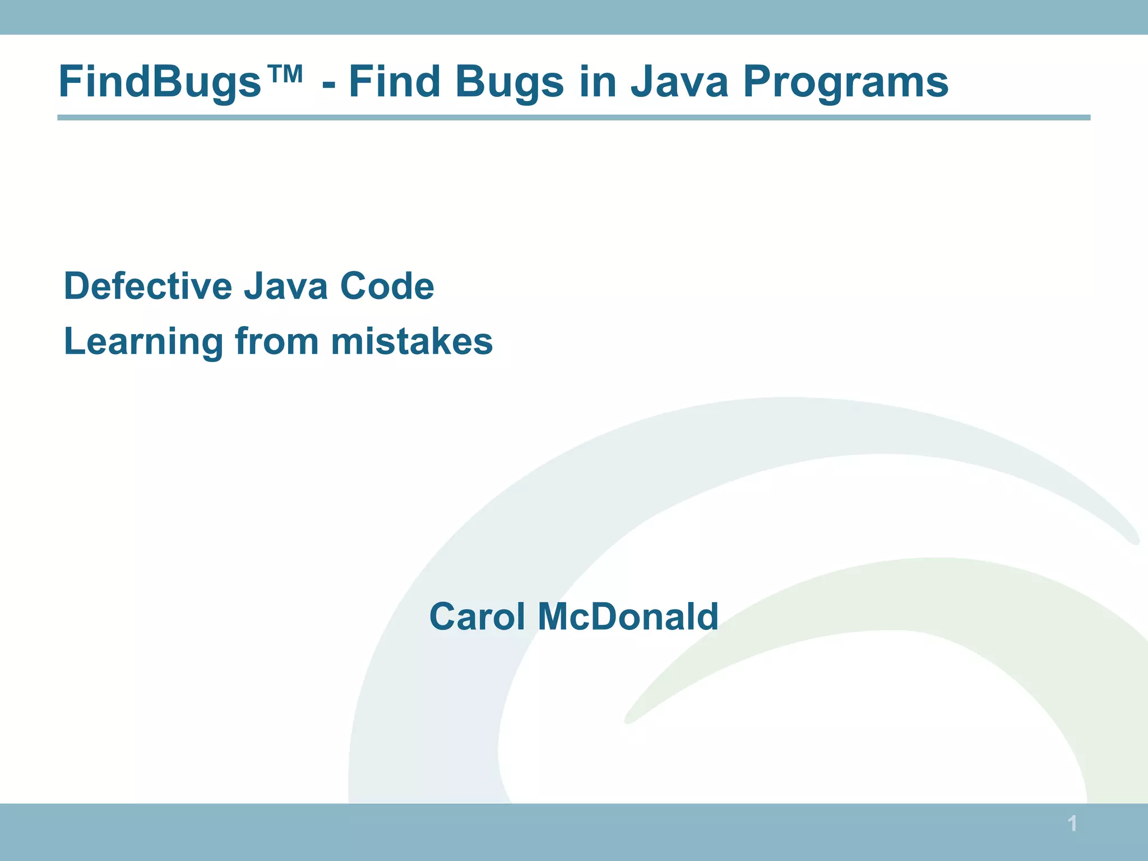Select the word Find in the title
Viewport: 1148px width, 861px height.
point(395,82)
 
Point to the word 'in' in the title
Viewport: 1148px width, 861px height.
point(596,82)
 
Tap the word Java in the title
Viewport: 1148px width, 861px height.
point(679,82)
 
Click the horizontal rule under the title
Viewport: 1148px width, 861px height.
point(573,118)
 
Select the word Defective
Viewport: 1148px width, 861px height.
point(147,286)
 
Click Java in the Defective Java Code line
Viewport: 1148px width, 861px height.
point(285,286)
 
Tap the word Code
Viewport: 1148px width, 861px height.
point(387,286)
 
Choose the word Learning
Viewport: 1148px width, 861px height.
point(143,342)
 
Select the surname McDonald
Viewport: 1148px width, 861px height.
point(628,617)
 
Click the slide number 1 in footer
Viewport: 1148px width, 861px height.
point(1072,824)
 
